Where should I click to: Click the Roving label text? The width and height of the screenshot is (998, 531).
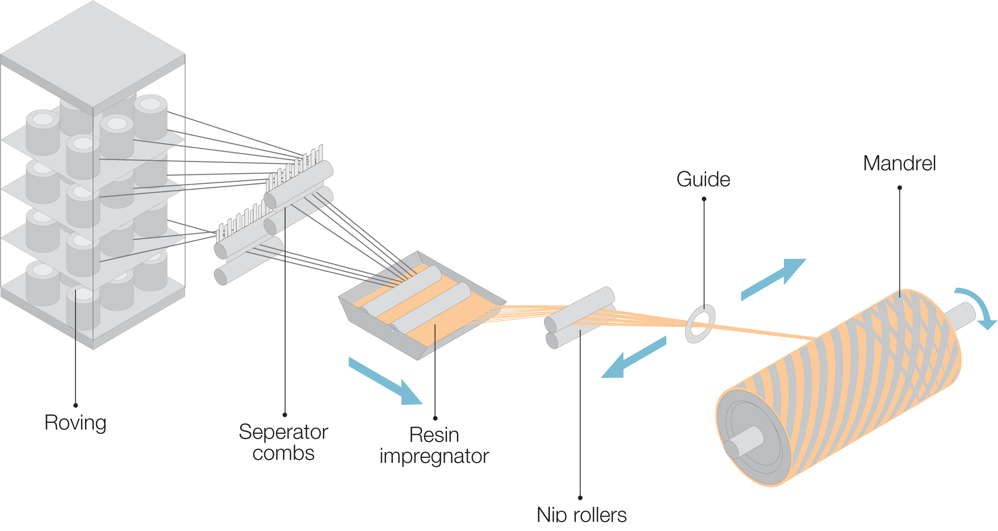(75, 423)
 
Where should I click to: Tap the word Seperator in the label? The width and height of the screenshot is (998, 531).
(284, 432)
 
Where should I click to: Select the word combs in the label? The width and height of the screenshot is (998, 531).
(284, 453)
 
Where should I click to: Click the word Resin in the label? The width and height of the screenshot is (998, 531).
(434, 435)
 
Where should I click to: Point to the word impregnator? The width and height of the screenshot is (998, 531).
(434, 456)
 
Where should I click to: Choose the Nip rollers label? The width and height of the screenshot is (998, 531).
(582, 515)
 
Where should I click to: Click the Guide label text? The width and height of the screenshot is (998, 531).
(704, 179)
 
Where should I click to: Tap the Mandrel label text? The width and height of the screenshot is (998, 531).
(900, 163)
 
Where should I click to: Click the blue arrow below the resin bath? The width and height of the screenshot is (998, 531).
(386, 382)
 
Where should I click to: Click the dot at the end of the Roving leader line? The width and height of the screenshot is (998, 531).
(75, 405)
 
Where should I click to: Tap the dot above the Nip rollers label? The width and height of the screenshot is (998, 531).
(580, 498)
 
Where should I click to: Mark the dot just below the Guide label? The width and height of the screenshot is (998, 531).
(704, 199)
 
